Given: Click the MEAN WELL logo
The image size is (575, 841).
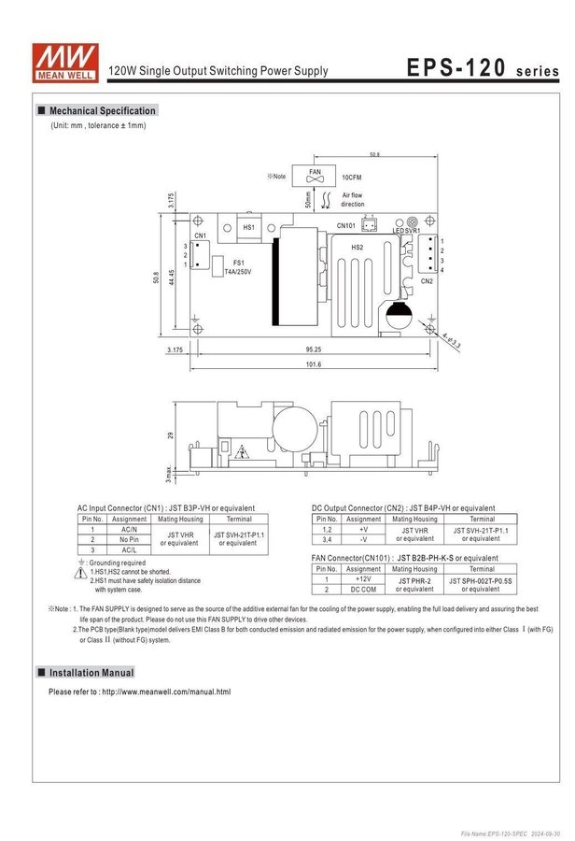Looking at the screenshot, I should point(57,59).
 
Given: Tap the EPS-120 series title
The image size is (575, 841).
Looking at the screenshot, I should point(482,68).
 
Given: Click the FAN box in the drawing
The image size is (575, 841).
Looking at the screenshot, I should point(315,175).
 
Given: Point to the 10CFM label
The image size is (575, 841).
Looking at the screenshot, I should point(352,176).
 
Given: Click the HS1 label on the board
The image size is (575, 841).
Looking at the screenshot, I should point(248,227).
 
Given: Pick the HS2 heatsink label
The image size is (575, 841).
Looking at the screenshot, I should point(357,247).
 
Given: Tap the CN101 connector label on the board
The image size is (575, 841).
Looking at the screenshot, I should point(345,225).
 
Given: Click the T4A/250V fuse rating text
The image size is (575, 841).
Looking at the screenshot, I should point(238,271).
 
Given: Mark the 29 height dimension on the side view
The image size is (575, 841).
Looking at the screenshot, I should point(170,435).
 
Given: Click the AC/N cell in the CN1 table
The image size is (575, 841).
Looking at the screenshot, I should point(129,529).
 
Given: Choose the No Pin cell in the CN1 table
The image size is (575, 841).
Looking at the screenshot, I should point(129,539).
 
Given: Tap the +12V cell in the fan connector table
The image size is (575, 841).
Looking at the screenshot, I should point(363,578).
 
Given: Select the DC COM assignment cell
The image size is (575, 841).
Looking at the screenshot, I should point(363,590).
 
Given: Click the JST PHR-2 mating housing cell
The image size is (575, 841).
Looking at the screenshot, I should point(414,584).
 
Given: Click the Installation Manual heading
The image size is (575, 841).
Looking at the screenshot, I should point(91,673).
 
